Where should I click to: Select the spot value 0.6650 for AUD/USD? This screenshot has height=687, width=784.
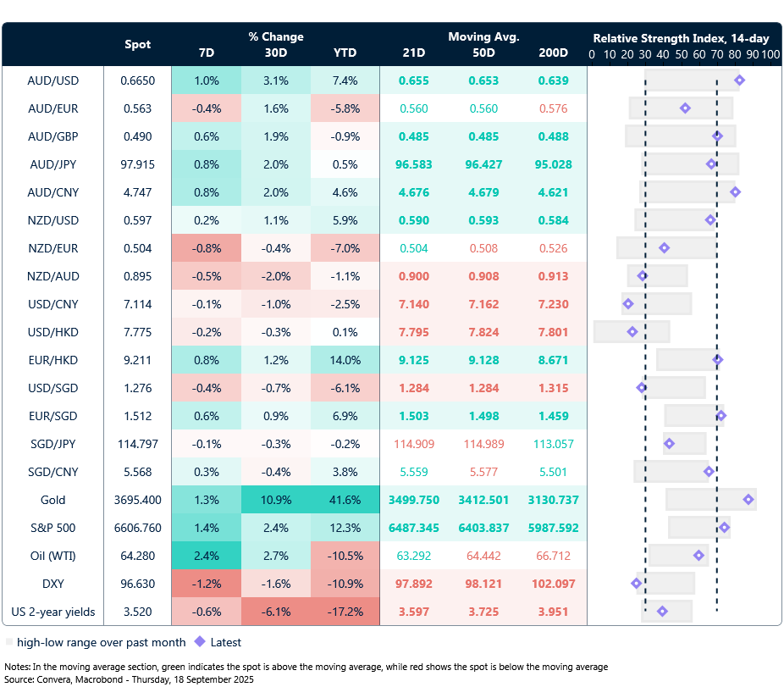coord(138,80)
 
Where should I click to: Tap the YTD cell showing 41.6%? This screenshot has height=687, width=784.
coord(345,500)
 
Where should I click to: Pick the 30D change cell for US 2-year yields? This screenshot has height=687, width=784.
coord(275,612)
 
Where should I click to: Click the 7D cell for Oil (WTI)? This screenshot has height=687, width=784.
coord(206,556)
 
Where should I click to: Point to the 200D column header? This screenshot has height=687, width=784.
coord(553,53)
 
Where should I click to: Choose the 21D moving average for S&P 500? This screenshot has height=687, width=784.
coord(414,528)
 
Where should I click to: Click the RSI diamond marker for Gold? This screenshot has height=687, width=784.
coord(748,500)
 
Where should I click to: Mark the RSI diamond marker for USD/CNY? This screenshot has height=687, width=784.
coord(627,303)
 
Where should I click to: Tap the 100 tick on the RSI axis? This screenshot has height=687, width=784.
coord(770,54)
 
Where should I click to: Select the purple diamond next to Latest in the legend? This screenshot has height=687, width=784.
coord(200,642)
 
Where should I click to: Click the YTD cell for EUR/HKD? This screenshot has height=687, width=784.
coord(345,359)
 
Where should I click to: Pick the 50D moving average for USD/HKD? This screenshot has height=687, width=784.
coord(483,331)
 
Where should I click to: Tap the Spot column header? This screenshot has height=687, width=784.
coord(138,44)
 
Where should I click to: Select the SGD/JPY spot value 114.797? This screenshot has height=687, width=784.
coord(138,444)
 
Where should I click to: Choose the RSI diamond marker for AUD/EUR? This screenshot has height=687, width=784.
coord(685,108)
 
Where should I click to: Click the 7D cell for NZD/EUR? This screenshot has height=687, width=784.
coord(206,248)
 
